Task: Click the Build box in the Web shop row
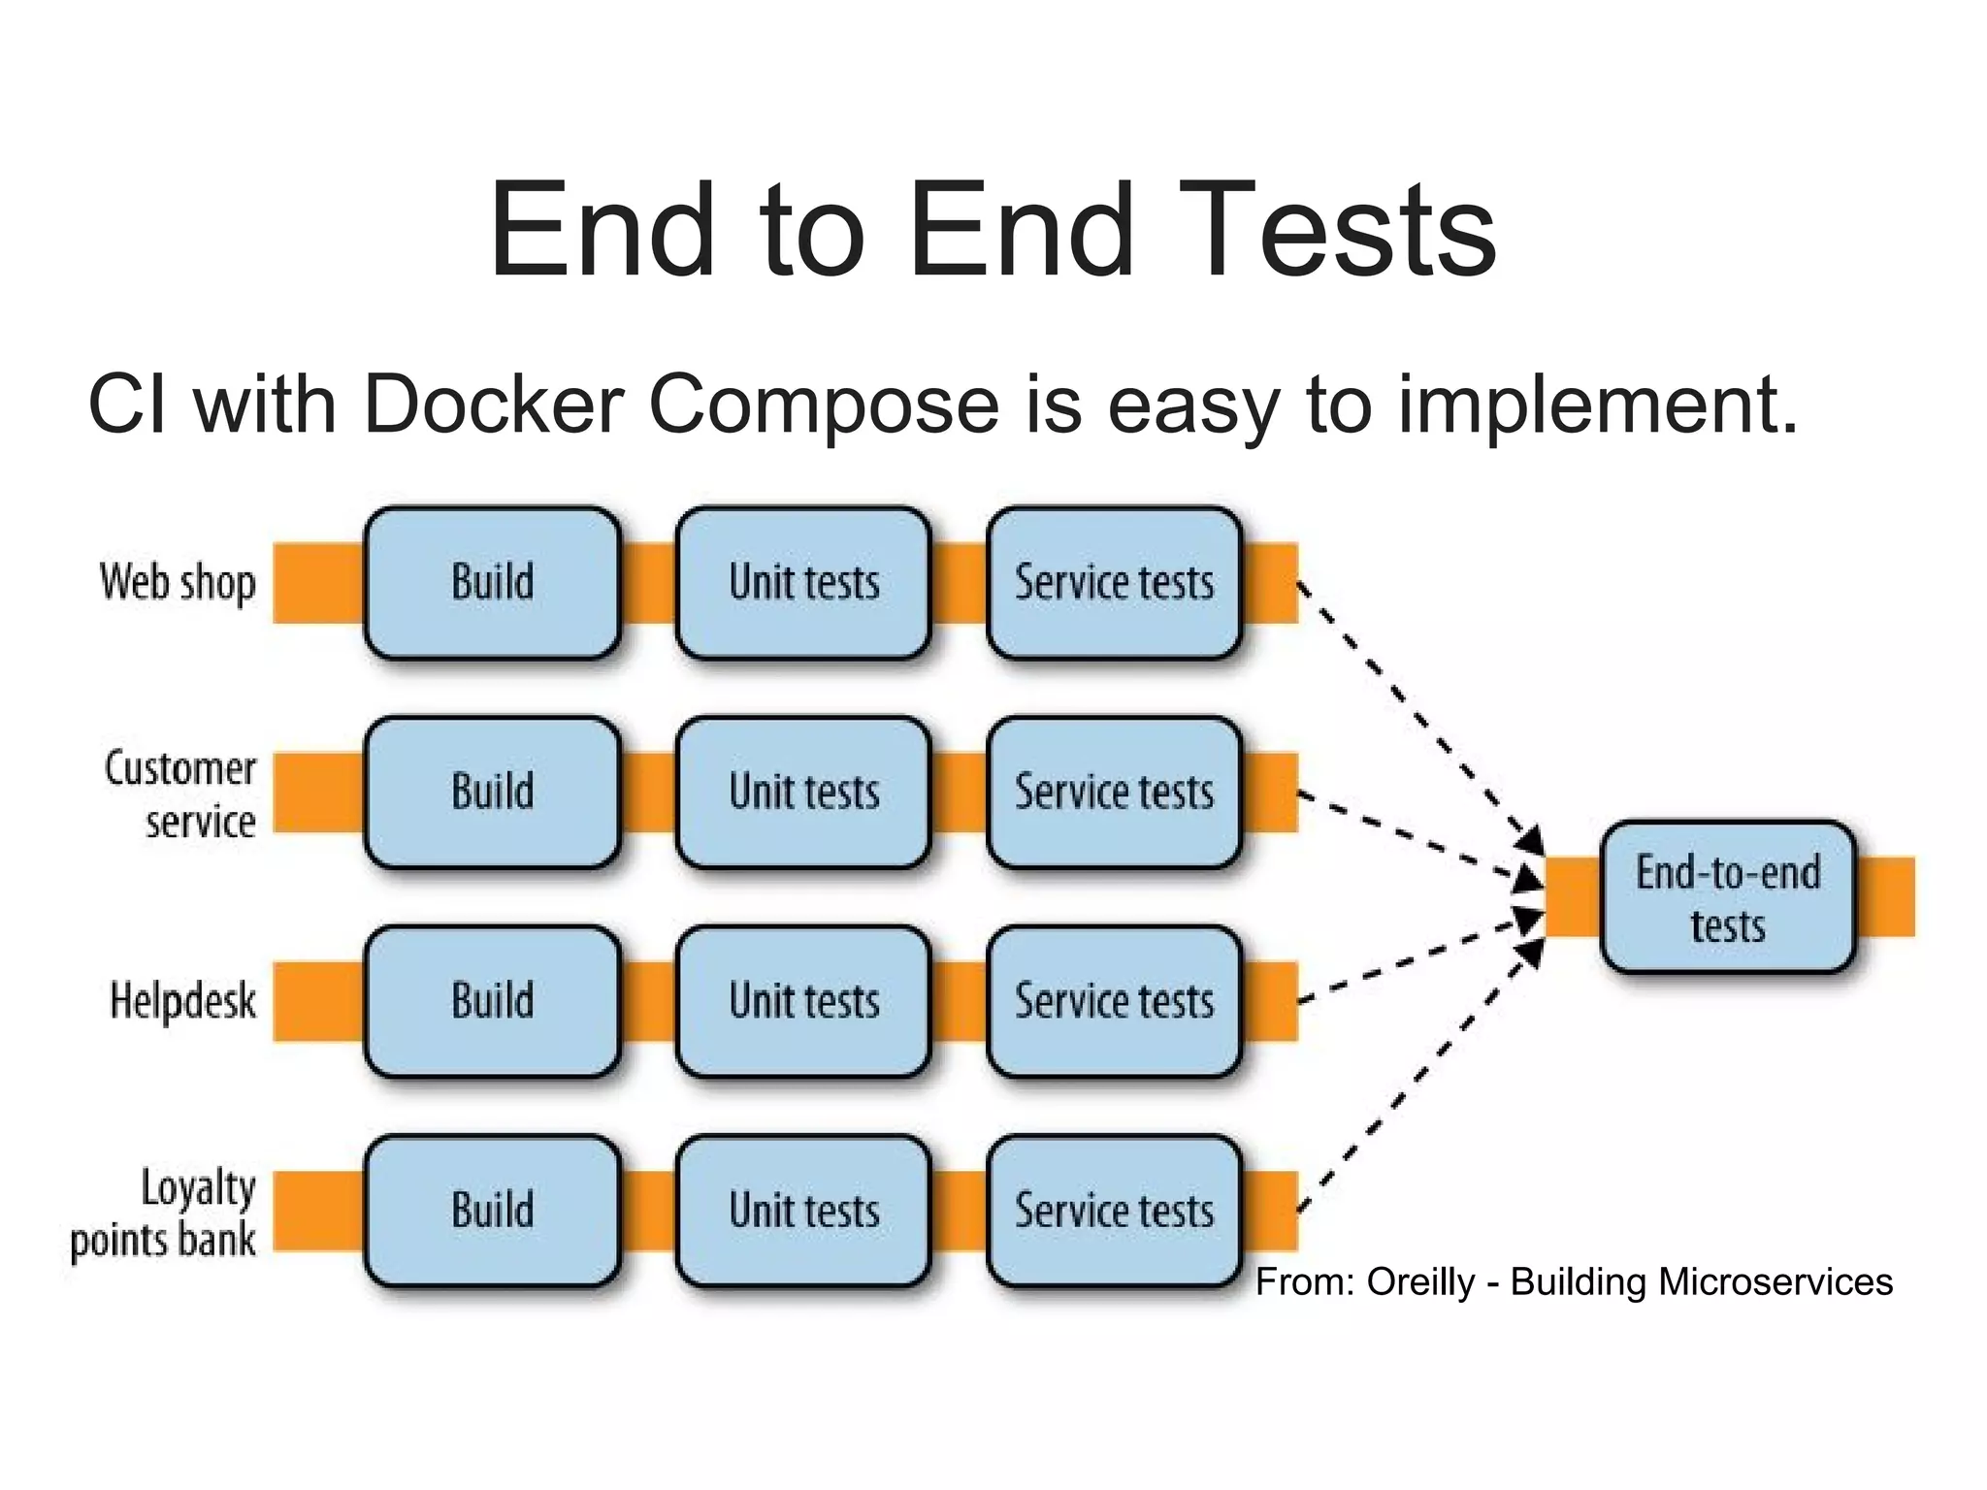tap(492, 583)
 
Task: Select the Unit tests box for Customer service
tap(803, 793)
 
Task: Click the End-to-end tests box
tap(1727, 897)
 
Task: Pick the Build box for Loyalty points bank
tap(492, 1211)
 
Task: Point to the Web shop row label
tap(178, 583)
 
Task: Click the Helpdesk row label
tap(182, 1001)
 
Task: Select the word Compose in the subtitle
tap(823, 405)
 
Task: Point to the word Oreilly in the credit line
tap(1420, 1282)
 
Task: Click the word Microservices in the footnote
tap(1775, 1282)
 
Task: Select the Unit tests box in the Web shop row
tap(803, 583)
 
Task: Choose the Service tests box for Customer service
tap(1114, 793)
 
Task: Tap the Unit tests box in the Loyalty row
tap(803, 1211)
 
